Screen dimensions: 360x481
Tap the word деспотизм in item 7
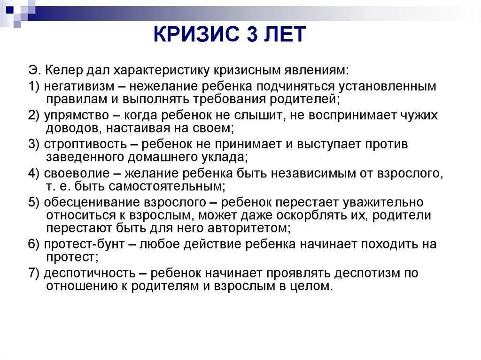370,274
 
